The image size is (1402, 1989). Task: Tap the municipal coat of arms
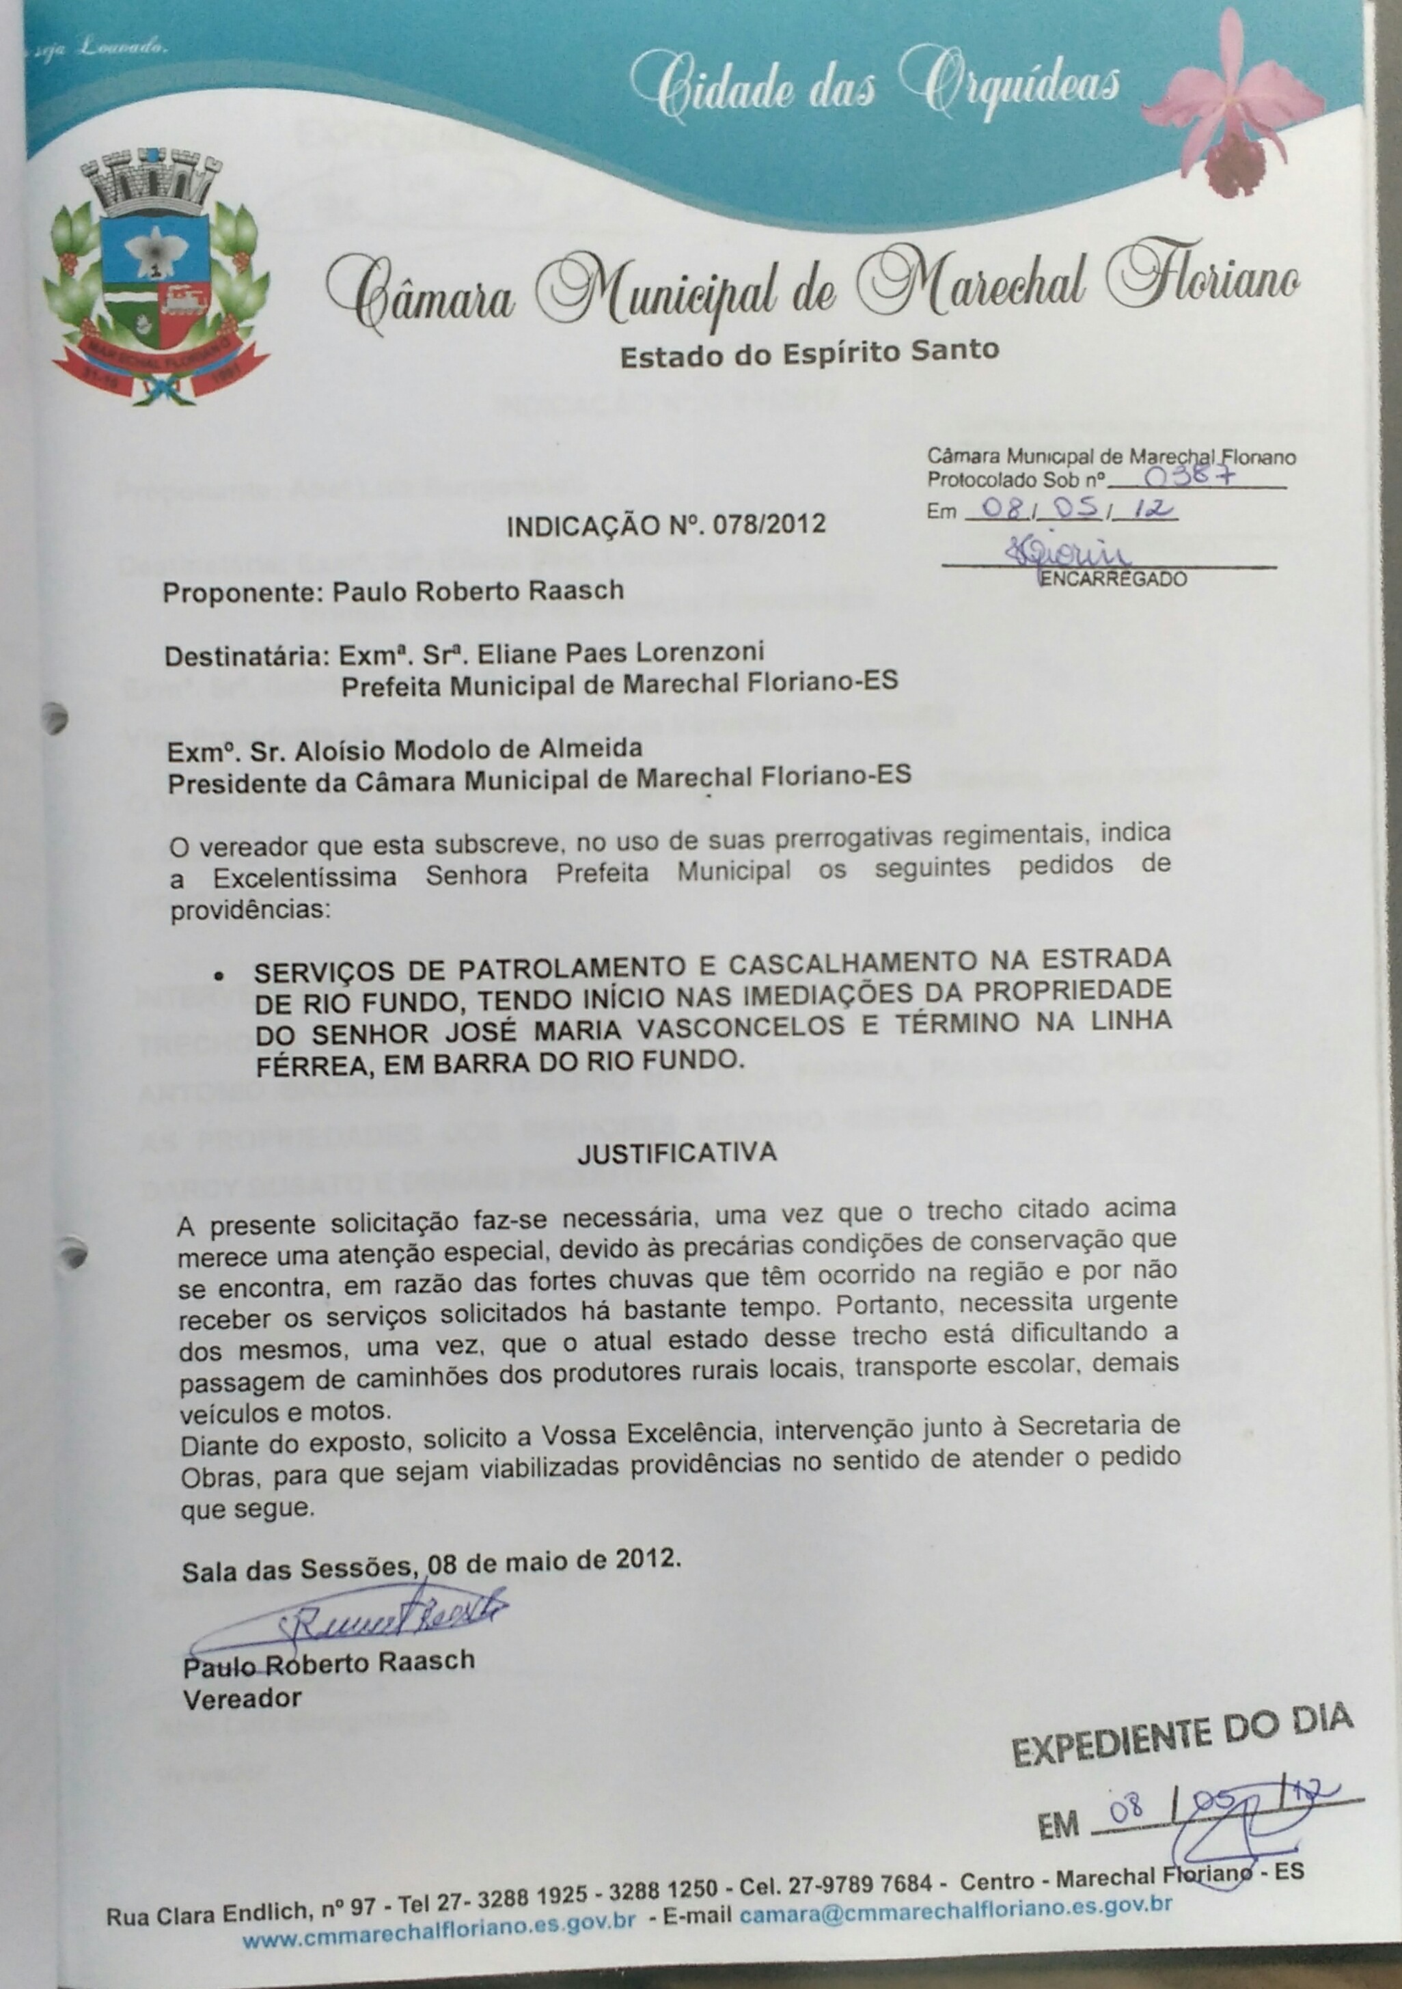156,277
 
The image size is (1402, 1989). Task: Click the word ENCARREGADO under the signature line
1112,579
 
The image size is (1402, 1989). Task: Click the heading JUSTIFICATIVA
676,1152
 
